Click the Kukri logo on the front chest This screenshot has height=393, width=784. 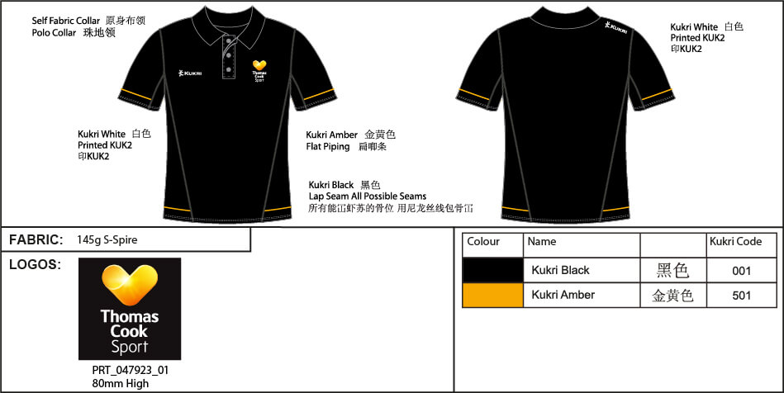tap(190, 73)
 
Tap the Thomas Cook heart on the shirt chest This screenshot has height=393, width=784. tap(259, 65)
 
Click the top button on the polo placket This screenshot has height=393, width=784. tap(229, 40)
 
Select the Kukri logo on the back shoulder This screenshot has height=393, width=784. tap(615, 27)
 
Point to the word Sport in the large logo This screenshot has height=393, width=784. tap(130, 347)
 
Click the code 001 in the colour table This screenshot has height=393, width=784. tap(742, 271)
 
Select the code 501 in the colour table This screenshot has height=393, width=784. tap(742, 296)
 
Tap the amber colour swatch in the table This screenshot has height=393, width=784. tap(493, 295)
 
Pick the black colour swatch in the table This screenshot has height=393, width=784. tap(493, 271)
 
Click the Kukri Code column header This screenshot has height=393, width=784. tap(735, 242)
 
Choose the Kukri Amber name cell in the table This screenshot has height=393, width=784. tap(563, 295)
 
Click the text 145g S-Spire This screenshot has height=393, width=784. tap(107, 240)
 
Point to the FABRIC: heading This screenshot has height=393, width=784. tap(36, 240)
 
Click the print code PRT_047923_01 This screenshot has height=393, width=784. tap(131, 371)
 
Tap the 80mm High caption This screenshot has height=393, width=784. tap(121, 383)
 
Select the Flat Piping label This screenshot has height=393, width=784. tap(328, 146)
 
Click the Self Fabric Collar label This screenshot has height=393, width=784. tap(66, 21)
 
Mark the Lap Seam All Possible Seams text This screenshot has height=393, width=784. tap(368, 196)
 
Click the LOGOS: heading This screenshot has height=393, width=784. tap(35, 265)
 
